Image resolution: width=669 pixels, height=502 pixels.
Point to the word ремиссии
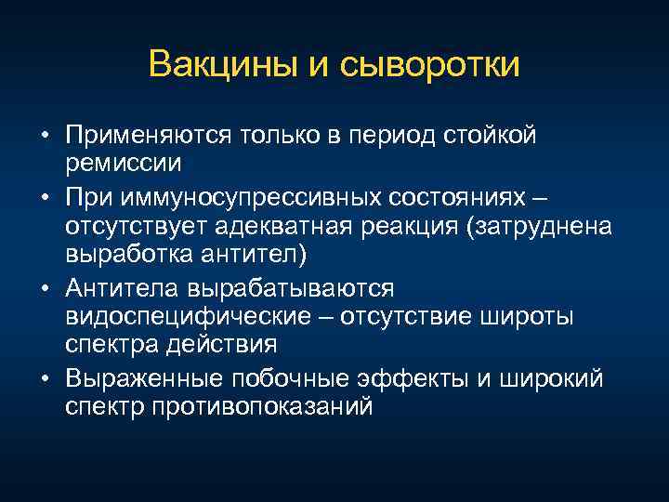tap(124, 162)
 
